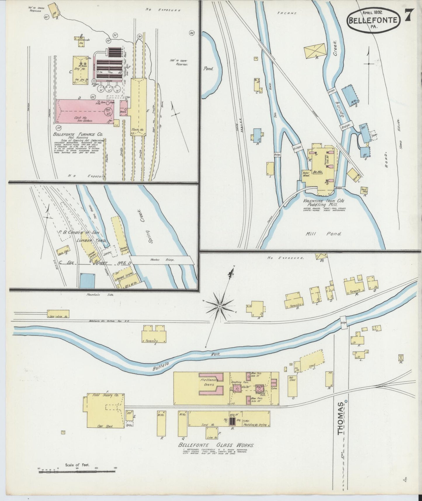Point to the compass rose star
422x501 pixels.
click(x=219, y=306)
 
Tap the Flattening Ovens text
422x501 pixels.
click(x=209, y=382)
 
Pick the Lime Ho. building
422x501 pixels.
click(x=211, y=433)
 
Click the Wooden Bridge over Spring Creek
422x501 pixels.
click(x=162, y=260)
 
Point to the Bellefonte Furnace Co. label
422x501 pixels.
click(x=78, y=135)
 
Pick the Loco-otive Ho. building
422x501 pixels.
click(x=58, y=314)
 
